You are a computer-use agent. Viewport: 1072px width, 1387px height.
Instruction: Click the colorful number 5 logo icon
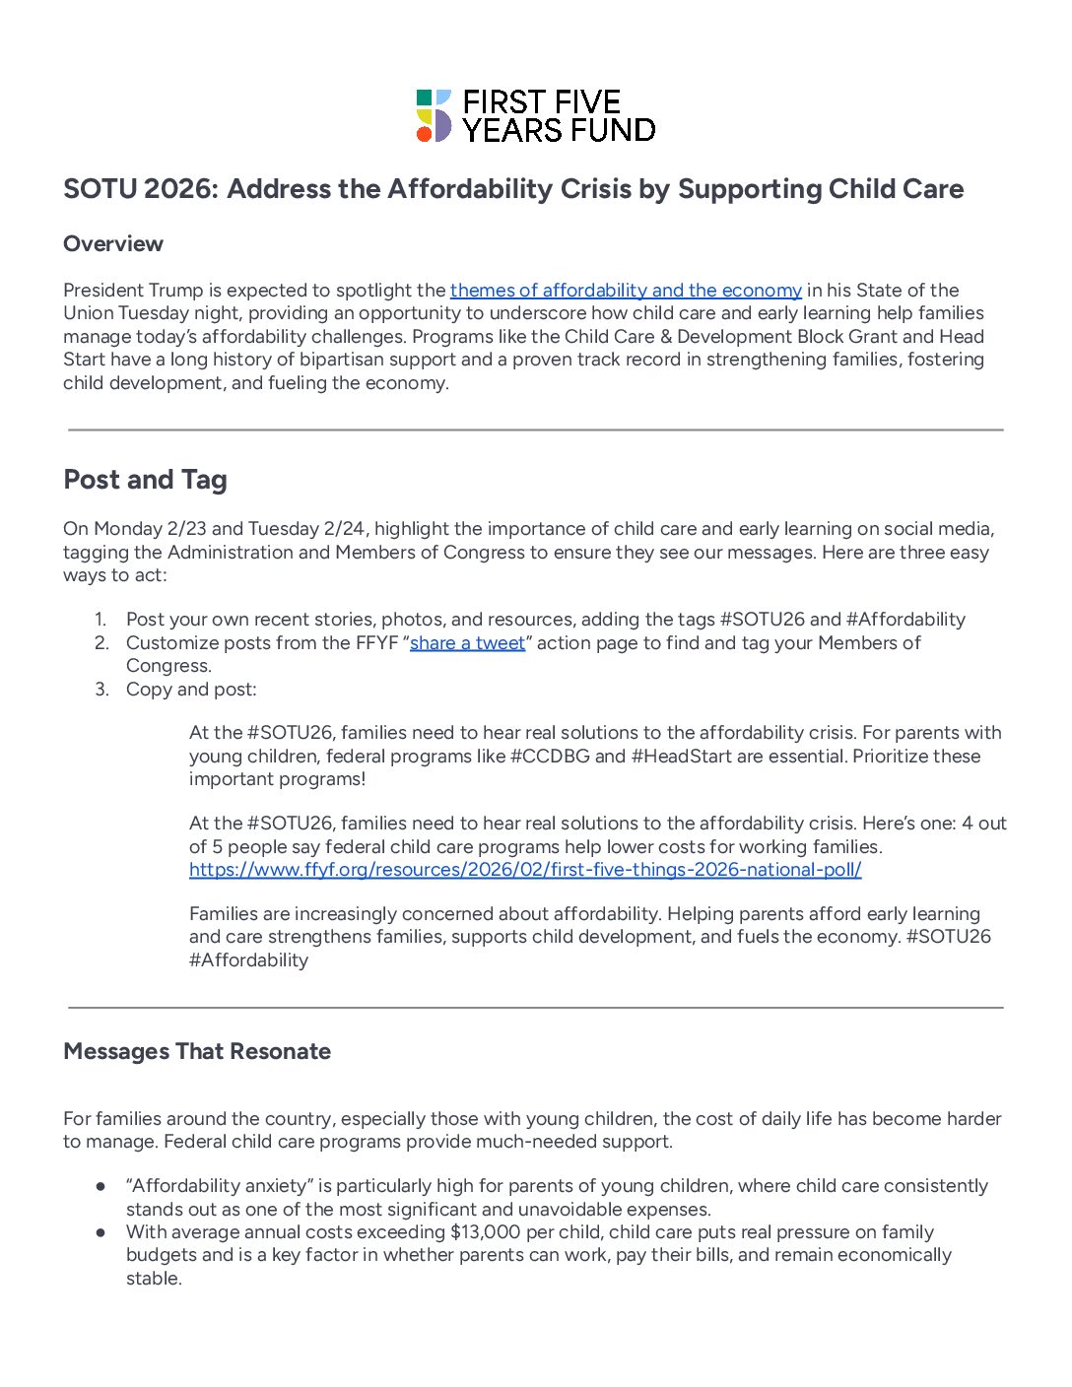(x=434, y=115)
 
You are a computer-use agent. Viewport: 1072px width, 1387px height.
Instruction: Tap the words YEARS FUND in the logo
(x=559, y=130)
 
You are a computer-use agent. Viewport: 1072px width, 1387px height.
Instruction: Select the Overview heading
(x=113, y=243)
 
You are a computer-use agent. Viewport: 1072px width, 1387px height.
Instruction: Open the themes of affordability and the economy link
(x=626, y=291)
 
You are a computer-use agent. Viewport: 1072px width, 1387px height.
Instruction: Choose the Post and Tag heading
(x=145, y=480)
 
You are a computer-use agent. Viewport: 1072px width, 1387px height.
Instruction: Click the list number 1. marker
(x=100, y=620)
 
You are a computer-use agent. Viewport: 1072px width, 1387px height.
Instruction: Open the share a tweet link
(x=467, y=643)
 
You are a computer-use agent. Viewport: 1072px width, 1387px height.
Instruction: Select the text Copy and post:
(x=191, y=690)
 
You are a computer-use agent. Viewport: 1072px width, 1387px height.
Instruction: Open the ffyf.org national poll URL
(x=525, y=870)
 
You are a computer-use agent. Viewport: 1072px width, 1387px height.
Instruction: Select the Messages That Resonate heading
(x=197, y=1051)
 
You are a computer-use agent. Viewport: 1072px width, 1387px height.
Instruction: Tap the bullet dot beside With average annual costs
(x=100, y=1232)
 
